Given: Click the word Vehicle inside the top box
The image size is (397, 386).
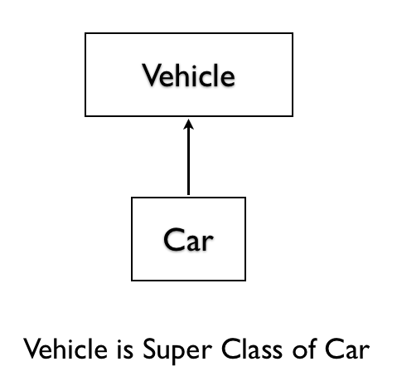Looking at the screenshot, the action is (188, 75).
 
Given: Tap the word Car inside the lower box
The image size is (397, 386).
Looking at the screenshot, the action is (188, 240).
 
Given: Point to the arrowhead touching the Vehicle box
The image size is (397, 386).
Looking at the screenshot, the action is (188, 125).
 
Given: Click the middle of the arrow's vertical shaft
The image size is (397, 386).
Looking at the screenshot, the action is (188, 157).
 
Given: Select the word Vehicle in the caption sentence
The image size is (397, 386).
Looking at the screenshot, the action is (65, 349).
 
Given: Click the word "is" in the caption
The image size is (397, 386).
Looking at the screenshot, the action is (125, 349).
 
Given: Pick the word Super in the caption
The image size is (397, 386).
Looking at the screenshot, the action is (177, 351).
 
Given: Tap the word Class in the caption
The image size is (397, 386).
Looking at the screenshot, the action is (252, 349).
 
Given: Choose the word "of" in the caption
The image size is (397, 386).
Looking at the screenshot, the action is (304, 349).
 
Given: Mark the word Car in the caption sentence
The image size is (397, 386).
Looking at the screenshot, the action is (347, 349).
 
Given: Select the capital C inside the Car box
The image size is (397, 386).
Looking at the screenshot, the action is (173, 240).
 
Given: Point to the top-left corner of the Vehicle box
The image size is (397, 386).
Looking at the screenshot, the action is (85, 33).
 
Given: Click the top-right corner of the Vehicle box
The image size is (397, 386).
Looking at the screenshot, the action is (293, 33).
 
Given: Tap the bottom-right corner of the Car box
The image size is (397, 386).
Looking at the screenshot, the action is (245, 281).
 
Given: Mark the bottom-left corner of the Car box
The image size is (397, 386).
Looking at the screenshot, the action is (132, 281).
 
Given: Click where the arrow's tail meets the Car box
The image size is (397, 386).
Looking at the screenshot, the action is (188, 197).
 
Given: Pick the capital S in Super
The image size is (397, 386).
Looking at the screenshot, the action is (149, 349).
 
